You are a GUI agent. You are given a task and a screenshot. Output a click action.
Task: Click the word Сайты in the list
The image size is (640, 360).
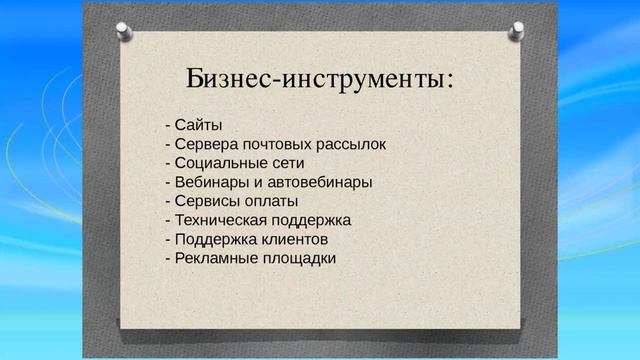coord(198,125)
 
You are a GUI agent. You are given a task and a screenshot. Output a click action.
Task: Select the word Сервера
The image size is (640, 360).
coord(206,144)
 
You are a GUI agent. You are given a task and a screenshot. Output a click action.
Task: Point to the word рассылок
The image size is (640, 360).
coord(351,144)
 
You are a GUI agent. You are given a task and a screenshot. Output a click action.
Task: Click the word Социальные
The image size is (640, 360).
coord(219,163)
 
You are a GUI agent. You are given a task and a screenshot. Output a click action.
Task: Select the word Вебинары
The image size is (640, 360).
coord(210,182)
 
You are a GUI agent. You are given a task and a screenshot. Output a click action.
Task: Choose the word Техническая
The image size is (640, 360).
coord(217,220)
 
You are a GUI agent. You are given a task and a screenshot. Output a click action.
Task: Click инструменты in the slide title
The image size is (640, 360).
coord(361,78)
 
